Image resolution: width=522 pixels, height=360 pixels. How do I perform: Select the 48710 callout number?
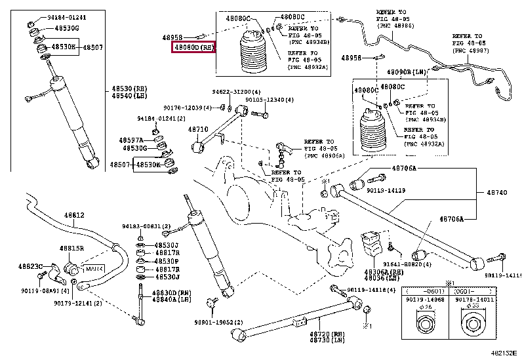(198, 130)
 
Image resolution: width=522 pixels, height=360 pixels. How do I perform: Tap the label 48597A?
(130, 140)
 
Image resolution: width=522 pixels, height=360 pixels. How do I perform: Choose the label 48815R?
(72, 249)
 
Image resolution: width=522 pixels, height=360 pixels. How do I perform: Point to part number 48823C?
(30, 266)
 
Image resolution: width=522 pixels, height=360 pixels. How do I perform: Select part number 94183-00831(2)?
(146, 226)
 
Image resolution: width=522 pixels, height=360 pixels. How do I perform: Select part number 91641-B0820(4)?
(409, 265)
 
